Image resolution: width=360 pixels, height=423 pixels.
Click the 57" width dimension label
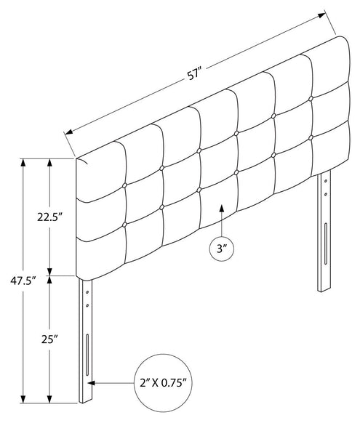pos(194,74)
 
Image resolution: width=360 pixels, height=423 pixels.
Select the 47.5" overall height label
pos(23,281)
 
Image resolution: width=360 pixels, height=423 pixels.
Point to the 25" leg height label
pos(49,339)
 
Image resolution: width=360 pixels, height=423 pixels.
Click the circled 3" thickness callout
pos(222,249)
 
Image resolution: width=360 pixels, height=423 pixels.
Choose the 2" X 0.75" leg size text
pos(163,383)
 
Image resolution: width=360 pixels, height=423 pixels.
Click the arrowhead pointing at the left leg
pos(91,383)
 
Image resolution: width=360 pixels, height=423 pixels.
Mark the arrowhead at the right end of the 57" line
pos(321,15)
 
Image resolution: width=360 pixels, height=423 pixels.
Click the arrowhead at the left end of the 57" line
pos(69,132)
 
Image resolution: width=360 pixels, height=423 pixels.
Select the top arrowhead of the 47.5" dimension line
pos(23,163)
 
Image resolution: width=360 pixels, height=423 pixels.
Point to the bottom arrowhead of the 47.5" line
pos(23,399)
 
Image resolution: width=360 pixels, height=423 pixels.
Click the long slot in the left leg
pos(87,355)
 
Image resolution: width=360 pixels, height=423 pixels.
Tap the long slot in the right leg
pos(326,243)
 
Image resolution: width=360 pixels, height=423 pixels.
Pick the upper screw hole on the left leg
pos(87,292)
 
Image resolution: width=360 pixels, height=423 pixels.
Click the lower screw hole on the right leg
pos(326,194)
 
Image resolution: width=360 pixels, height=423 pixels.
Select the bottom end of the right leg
pos(324,290)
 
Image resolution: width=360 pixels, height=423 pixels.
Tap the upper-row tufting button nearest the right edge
pos(311,98)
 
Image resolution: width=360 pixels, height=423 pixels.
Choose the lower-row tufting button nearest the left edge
pos(124,225)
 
